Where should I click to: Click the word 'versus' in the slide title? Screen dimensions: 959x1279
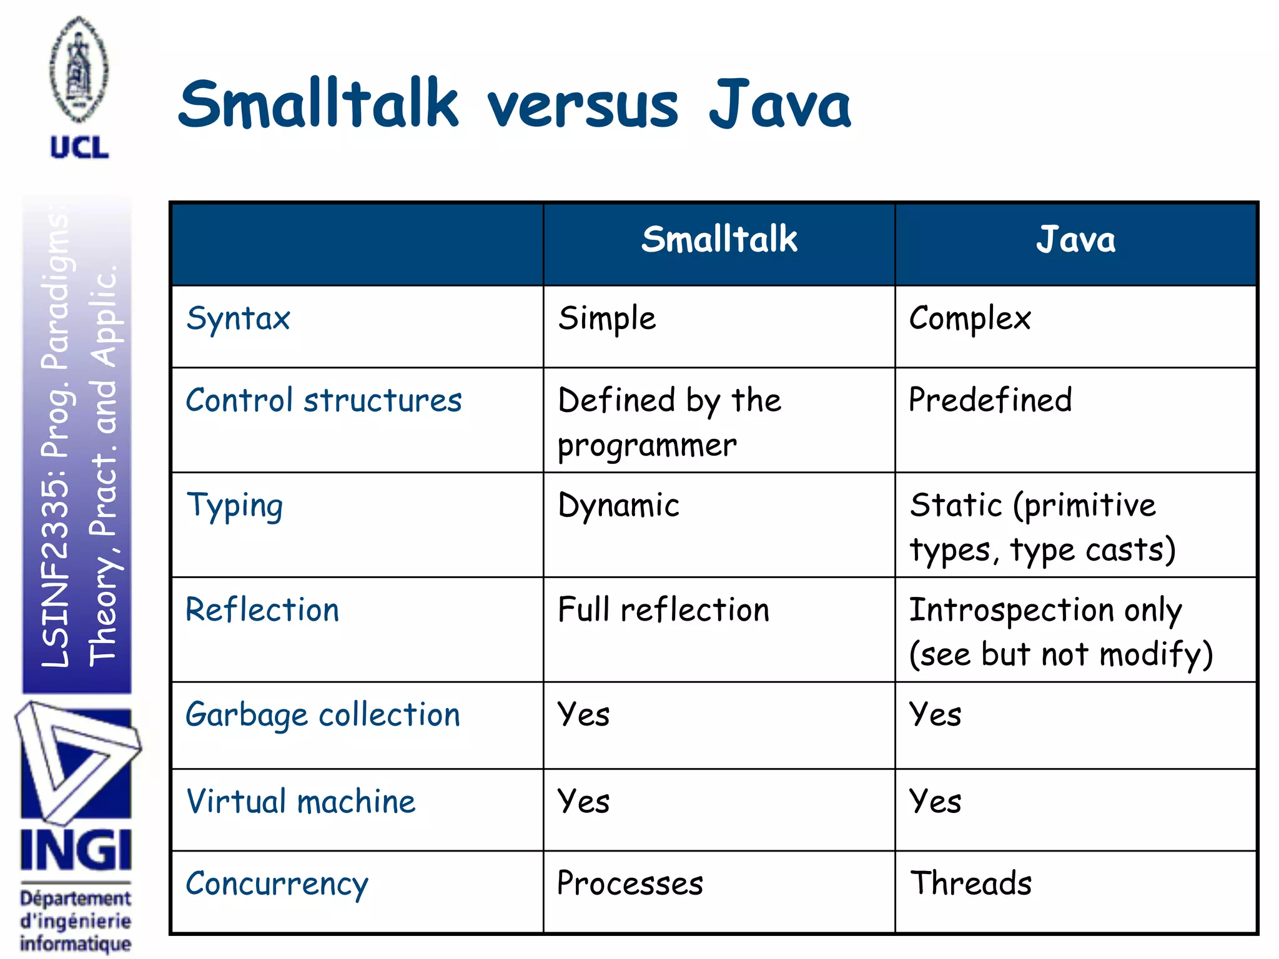point(582,106)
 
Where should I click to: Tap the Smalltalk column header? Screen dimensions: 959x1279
point(719,240)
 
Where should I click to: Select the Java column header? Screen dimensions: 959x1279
point(1075,240)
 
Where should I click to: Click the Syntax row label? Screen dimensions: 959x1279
point(239,319)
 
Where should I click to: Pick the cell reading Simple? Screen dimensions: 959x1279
point(607,319)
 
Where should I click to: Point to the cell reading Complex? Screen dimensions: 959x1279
point(969,319)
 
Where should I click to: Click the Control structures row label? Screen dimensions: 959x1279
point(323,401)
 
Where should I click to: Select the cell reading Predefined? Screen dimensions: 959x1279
point(990,401)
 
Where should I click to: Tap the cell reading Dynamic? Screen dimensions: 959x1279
point(618,506)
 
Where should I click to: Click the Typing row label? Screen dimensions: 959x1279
point(235,506)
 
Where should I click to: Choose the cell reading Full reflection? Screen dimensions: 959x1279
point(663,610)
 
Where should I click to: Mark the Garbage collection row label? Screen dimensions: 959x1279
point(322,715)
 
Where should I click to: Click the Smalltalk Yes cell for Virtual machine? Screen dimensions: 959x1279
point(584,802)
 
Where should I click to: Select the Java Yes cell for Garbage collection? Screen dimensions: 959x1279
point(935,715)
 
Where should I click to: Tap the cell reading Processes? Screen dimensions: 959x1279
point(630,883)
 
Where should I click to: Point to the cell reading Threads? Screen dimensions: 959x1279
point(970,883)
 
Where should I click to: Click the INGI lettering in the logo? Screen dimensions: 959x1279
point(76,850)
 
